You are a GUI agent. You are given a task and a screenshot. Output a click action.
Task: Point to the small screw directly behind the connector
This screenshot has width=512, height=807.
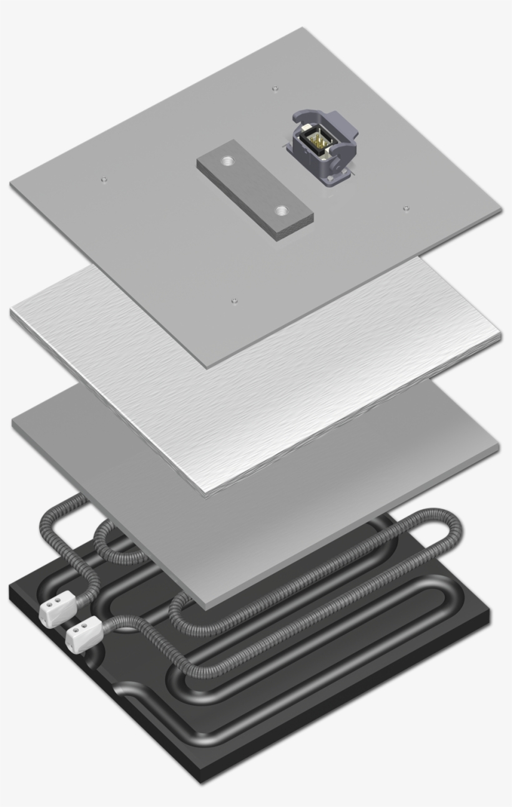275,89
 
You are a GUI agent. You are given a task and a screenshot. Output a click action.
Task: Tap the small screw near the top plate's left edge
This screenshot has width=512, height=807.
104,179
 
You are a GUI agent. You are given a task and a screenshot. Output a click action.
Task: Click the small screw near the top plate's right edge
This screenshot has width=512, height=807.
406,207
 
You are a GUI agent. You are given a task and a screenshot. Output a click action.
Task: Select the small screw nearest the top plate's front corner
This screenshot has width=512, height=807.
234,301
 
